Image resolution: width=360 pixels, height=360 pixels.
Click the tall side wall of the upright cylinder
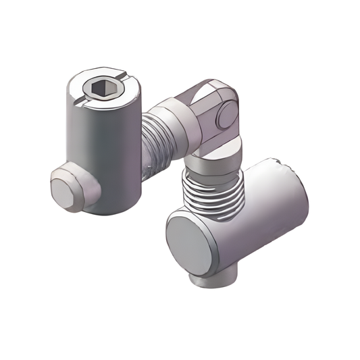101,155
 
